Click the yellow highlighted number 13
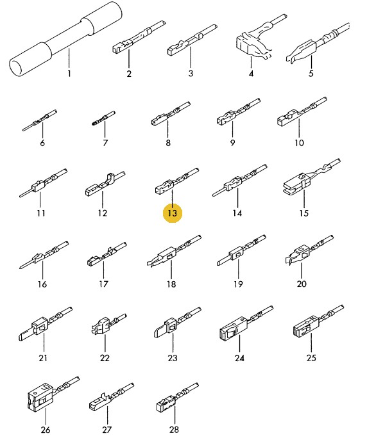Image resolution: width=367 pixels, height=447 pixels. tap(172, 213)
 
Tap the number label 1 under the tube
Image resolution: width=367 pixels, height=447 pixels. tap(69, 74)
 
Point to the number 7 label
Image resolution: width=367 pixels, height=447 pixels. tap(105, 143)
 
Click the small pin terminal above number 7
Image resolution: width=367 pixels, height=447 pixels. tap(103, 118)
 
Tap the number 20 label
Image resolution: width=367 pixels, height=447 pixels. tap(302, 284)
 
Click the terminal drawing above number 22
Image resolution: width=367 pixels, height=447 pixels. tap(108, 325)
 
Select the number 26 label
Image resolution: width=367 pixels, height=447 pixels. tap(46, 430)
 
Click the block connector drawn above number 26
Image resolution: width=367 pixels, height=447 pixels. tap(52, 394)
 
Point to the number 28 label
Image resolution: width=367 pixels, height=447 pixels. tap(174, 429)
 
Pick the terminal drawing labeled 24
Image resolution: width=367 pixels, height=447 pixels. tap(246, 324)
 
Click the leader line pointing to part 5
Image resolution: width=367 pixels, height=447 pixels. tap(311, 62)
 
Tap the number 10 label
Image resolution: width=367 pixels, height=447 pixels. tap(299, 143)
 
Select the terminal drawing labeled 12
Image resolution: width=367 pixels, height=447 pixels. tap(105, 184)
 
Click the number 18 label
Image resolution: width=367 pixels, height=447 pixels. tap(171, 284)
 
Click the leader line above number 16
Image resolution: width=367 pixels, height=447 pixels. tap(42, 269)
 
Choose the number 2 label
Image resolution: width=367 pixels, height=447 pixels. tap(129, 74)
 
